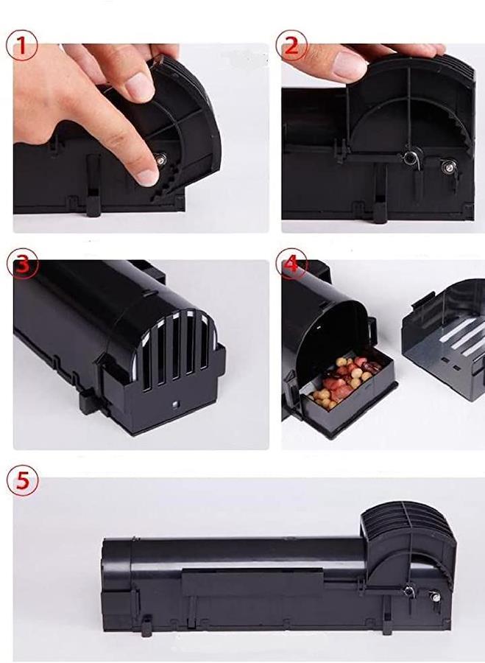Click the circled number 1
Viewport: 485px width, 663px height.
tap(21, 45)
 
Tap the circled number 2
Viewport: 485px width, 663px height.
tap(291, 45)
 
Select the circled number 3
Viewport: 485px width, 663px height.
tap(22, 264)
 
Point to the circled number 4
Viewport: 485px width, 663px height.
tap(291, 264)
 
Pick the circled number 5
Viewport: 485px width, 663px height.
tap(22, 481)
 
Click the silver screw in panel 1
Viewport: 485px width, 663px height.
tap(161, 159)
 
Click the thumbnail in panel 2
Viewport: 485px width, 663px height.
tap(350, 65)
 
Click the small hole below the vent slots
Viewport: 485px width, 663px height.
tap(175, 404)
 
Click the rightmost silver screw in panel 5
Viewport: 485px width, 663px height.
tap(435, 597)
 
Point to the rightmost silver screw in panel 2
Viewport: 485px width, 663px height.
tap(449, 166)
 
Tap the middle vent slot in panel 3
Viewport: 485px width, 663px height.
tap(176, 352)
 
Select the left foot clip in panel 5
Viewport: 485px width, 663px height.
tap(146, 625)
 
